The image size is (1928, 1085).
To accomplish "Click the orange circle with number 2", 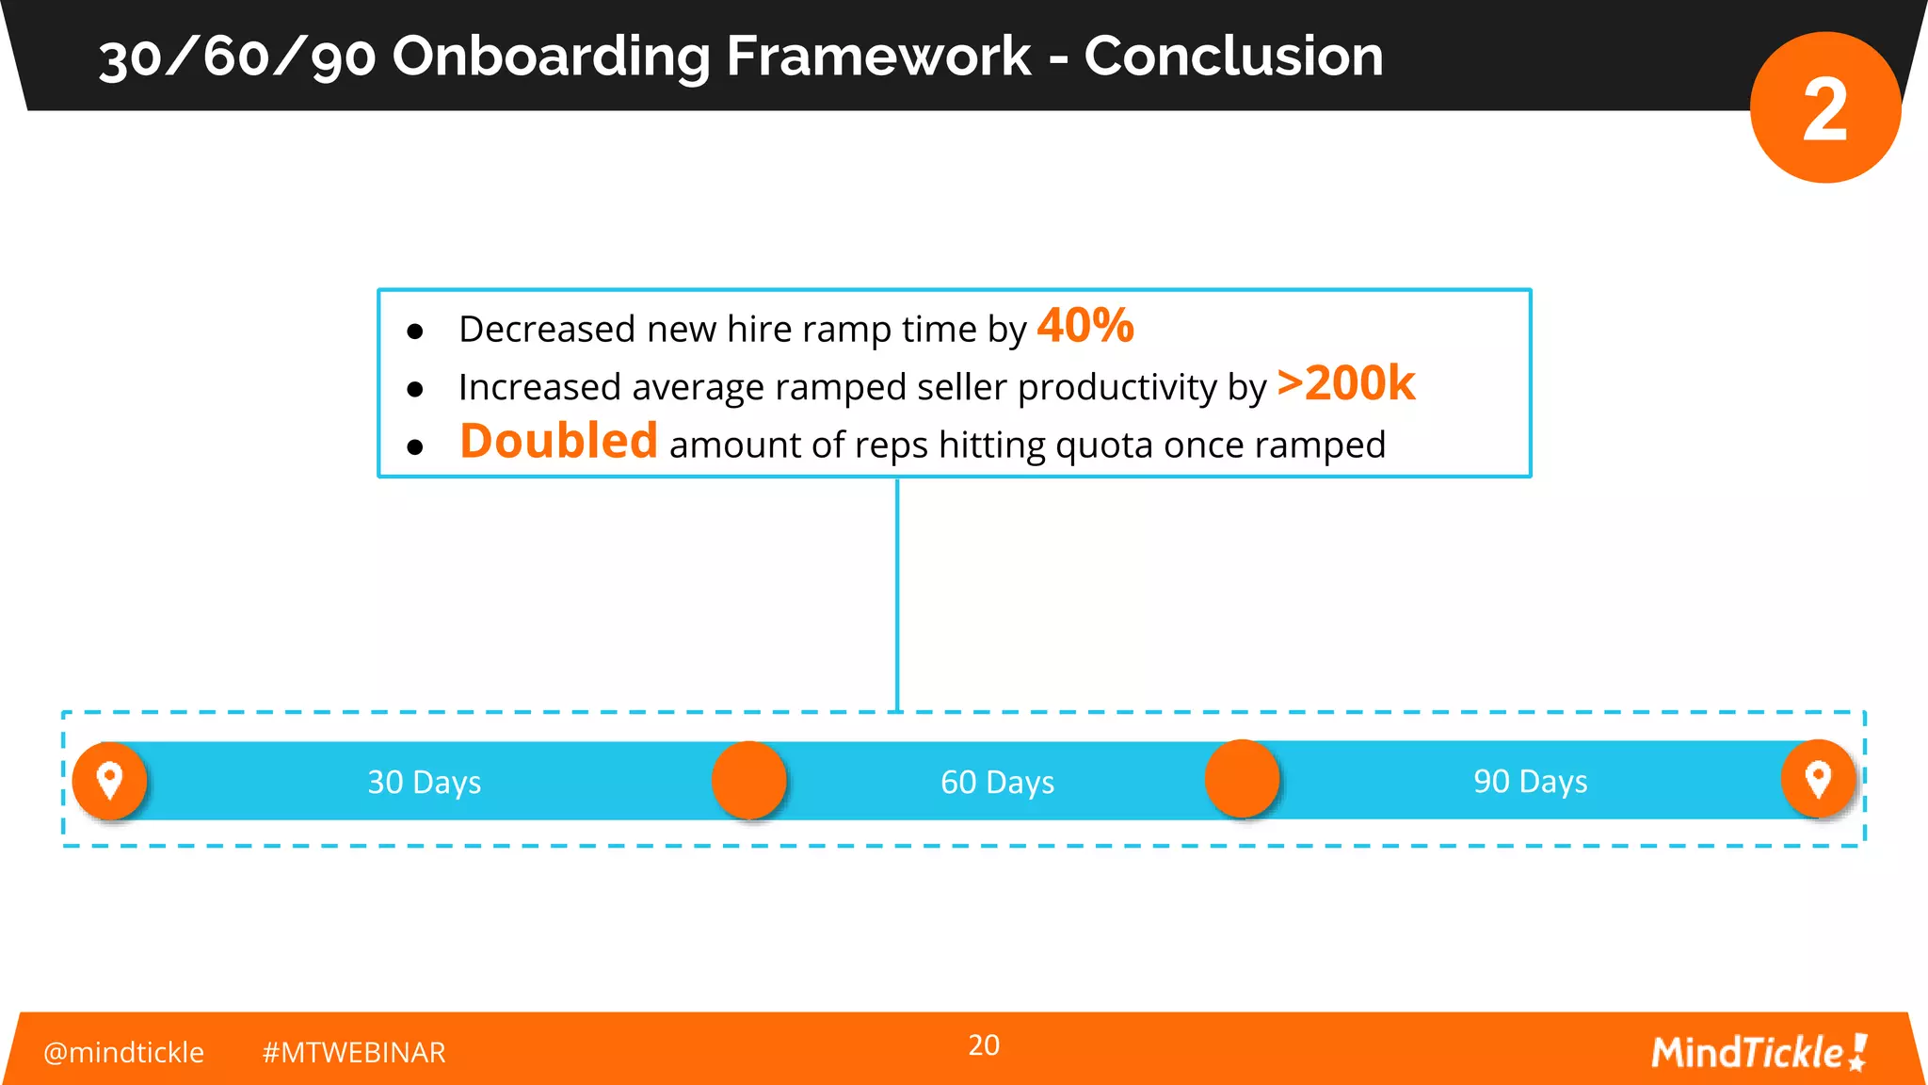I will (1824, 107).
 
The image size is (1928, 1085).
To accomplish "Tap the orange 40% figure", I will (1085, 326).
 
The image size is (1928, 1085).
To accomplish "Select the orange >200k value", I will (1345, 383).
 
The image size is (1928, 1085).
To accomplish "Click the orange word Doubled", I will (558, 441).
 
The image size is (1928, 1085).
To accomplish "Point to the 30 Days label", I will (424, 782).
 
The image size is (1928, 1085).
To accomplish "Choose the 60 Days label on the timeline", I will (997, 782).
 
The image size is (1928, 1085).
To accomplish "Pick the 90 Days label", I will (1530, 781).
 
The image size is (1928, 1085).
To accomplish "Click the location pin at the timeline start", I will (110, 780).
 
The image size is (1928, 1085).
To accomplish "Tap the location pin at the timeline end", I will (1818, 779).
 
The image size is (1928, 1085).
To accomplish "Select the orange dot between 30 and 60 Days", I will (748, 780).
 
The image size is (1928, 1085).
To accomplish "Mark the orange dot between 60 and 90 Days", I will (1242, 779).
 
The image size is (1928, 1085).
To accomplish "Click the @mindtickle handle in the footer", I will (123, 1052).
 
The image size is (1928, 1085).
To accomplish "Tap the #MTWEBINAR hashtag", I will (353, 1052).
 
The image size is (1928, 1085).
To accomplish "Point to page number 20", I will (984, 1045).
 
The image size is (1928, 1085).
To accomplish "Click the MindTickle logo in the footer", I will (1759, 1052).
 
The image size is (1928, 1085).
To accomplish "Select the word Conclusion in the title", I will (1233, 56).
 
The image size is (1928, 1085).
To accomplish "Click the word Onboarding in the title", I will (550, 57).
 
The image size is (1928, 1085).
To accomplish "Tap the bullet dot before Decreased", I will (415, 332).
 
